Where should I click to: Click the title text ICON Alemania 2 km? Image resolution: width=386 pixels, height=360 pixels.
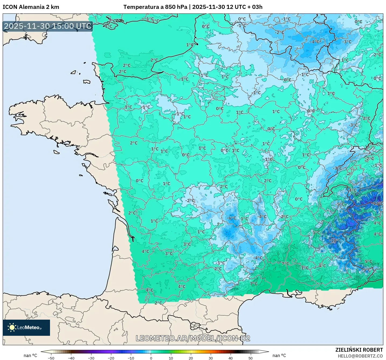tap(31, 7)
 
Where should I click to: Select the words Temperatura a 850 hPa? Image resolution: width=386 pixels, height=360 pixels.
tap(155, 7)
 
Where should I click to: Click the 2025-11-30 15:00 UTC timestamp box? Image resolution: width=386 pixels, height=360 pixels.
tap(48, 26)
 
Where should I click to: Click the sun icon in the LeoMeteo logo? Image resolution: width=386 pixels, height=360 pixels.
tap(12, 327)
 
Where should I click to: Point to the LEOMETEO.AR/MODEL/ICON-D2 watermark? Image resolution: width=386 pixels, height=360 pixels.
tap(193, 338)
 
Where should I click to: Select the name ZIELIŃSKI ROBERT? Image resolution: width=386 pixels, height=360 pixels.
tap(359, 350)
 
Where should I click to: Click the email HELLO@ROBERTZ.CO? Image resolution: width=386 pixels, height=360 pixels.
tap(360, 356)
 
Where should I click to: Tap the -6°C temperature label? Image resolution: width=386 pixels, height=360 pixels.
tap(231, 218)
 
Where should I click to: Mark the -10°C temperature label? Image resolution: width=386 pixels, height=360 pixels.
tap(335, 241)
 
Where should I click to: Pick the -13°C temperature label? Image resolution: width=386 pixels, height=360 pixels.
tap(377, 203)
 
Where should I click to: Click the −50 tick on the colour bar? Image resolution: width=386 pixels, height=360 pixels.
tap(51, 358)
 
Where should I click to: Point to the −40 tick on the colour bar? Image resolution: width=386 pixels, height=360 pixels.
tap(71, 358)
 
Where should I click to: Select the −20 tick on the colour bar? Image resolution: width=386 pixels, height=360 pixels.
tap(111, 358)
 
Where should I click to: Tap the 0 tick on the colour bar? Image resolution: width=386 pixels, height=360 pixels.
tap(151, 358)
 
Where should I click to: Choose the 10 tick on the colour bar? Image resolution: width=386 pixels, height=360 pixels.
tap(171, 358)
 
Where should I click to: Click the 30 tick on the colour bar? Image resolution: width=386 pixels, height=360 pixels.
tap(211, 358)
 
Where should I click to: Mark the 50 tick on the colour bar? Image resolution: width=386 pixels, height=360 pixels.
tap(251, 358)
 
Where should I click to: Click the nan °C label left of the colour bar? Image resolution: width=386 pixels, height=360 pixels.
tap(30, 355)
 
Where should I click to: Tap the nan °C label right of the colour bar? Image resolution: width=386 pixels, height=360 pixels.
tap(279, 355)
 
